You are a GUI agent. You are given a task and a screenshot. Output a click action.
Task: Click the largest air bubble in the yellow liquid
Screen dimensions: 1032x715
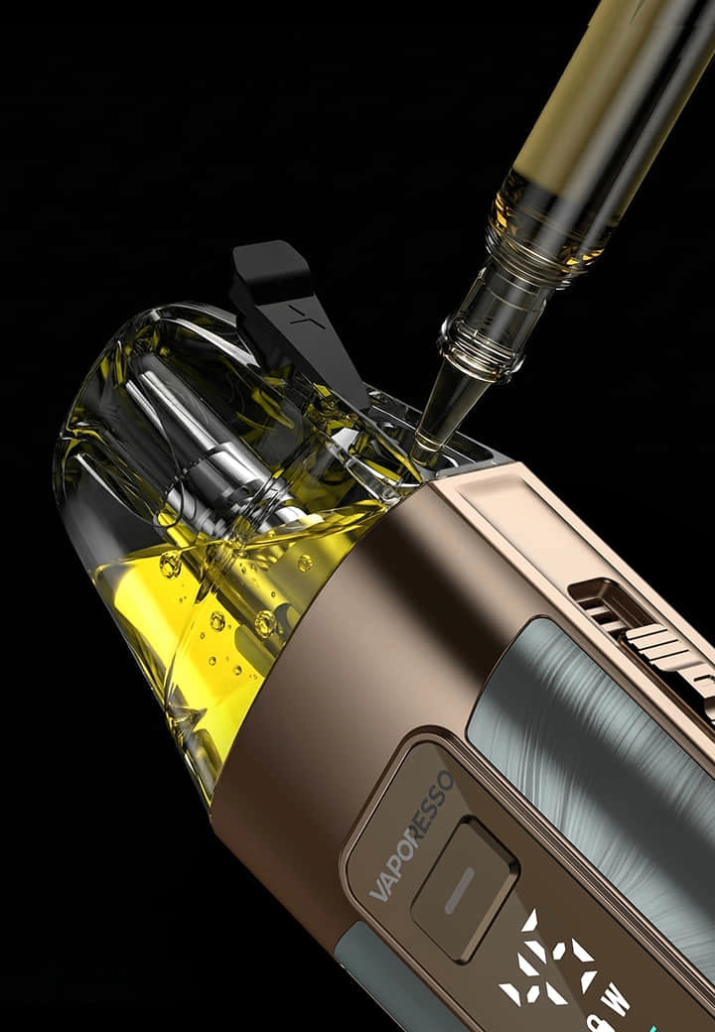[265, 623]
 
